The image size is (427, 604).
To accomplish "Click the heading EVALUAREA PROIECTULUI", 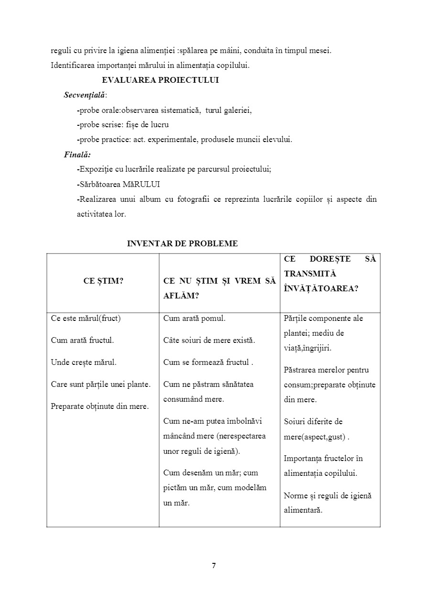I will [160, 80].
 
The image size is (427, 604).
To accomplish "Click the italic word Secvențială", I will [85, 95].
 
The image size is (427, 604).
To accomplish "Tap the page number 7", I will [213, 566].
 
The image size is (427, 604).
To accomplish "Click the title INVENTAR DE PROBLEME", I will [182, 243].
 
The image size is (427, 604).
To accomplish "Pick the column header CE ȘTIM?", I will [103, 281].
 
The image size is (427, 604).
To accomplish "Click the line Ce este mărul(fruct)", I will [86, 318].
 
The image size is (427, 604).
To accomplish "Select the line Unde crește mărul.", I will [84, 362].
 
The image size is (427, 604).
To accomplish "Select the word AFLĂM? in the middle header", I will [181, 296].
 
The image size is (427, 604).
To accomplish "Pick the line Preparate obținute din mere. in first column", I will [99, 406].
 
